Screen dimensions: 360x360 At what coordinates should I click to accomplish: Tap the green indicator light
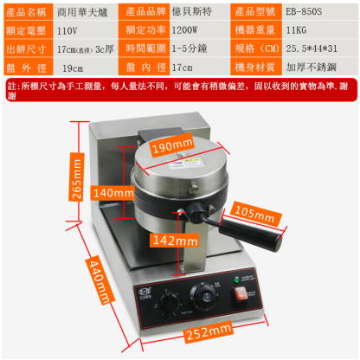coord(236,279)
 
